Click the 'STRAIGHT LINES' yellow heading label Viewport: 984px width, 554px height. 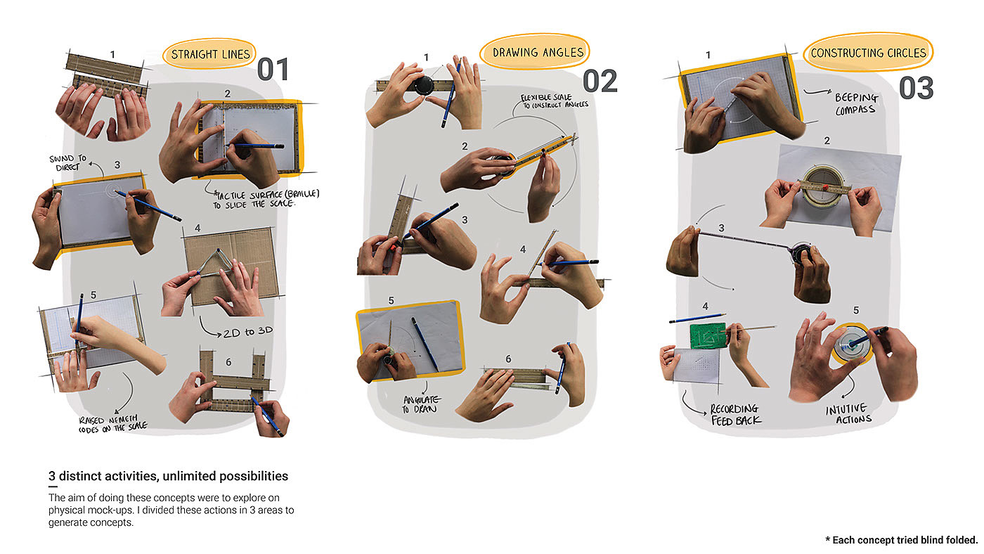[210, 54]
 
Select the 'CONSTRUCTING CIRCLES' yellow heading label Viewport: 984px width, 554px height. [868, 53]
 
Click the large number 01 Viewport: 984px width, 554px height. [273, 70]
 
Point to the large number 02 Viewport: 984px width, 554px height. [600, 81]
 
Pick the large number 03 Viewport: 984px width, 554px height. [917, 88]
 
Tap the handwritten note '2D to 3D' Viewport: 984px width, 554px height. [247, 332]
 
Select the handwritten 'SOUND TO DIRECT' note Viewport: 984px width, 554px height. [67, 162]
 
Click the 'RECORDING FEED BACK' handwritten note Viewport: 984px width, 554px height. [735, 415]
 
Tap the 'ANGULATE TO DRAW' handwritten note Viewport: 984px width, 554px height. [420, 404]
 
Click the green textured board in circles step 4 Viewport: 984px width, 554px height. [708, 336]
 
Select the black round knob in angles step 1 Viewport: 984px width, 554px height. [424, 85]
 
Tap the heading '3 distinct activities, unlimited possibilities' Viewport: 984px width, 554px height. [168, 476]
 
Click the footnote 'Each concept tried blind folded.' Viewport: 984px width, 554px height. [902, 540]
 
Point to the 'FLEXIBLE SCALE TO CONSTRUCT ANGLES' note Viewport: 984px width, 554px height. [555, 101]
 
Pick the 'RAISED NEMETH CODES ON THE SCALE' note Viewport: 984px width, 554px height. [113, 424]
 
